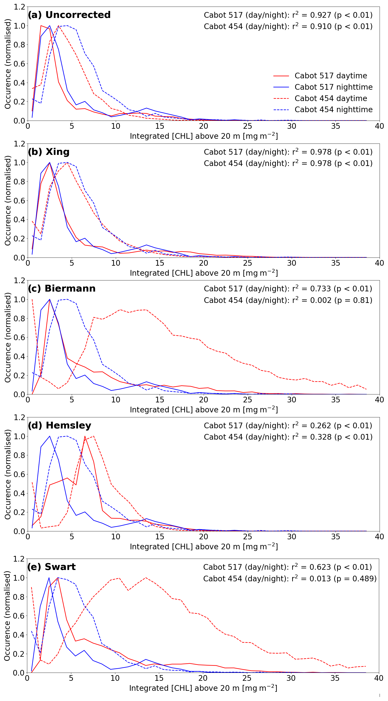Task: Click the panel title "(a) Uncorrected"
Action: point(69,15)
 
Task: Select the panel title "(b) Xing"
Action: point(49,152)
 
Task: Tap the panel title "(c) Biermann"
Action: point(62,288)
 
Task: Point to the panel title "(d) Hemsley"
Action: point(59,425)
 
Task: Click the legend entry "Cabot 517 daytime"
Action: point(331,76)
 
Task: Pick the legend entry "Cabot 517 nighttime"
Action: point(333,87)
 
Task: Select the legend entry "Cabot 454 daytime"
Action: point(331,98)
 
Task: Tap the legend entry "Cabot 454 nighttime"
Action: point(333,109)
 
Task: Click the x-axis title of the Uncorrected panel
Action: point(204,136)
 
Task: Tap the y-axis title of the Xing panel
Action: point(8,201)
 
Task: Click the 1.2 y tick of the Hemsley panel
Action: point(19,417)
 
